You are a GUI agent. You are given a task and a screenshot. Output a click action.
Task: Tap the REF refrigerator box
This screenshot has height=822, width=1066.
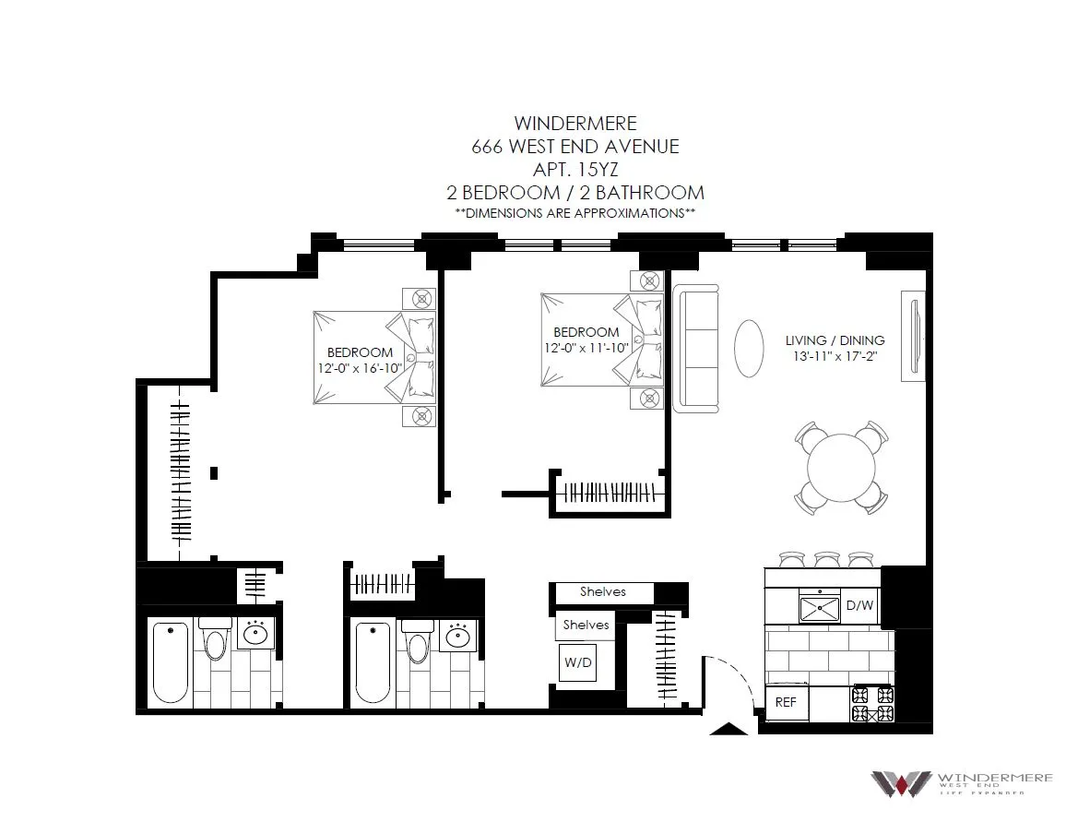coord(786,702)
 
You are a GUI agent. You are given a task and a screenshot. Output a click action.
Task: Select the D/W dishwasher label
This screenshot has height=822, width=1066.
coord(859,606)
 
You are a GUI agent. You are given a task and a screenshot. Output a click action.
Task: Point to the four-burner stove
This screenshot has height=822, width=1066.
coord(871,704)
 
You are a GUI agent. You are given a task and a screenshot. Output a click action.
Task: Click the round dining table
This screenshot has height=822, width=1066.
coord(842,468)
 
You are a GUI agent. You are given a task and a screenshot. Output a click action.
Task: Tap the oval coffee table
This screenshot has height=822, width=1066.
coord(749,348)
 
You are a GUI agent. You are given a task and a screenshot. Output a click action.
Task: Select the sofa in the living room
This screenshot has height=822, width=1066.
coord(696,348)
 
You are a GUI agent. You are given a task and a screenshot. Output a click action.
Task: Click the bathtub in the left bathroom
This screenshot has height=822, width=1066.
coord(171,661)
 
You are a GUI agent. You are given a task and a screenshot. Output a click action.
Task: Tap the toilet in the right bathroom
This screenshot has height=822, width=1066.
coord(417,642)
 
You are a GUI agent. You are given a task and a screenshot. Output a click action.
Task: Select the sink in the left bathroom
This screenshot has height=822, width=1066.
coord(255,634)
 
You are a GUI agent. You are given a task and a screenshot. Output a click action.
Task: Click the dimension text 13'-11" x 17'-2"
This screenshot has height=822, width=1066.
coord(830,356)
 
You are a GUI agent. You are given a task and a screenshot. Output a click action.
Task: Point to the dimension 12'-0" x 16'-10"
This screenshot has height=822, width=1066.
coord(360,367)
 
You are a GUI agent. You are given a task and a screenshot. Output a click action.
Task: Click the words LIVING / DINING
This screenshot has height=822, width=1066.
coord(835,340)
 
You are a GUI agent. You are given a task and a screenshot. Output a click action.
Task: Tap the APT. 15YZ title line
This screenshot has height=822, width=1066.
coord(575,169)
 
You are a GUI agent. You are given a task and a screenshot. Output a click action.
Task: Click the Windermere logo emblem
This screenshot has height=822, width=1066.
coord(900,782)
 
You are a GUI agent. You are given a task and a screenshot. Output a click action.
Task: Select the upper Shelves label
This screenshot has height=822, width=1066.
coord(602,591)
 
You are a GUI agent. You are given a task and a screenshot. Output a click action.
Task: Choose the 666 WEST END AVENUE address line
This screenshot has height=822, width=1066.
coord(575,146)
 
